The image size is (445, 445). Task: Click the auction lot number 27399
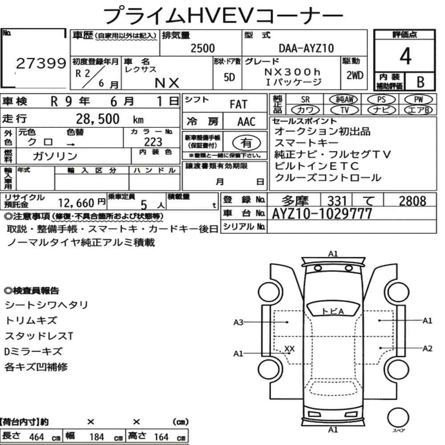pos(41,63)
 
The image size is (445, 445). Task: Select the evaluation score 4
pos(405,56)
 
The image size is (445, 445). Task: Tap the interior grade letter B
pos(421,82)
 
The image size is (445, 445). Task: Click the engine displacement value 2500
pos(202,48)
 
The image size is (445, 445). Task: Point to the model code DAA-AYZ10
pos(306,49)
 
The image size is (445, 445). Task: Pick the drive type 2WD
pos(355,76)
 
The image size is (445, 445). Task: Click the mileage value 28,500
pos(97,119)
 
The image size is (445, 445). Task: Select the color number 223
pos(153,142)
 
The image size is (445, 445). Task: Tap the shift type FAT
pos(239,105)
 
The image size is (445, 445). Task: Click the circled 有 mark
pos(247,142)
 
